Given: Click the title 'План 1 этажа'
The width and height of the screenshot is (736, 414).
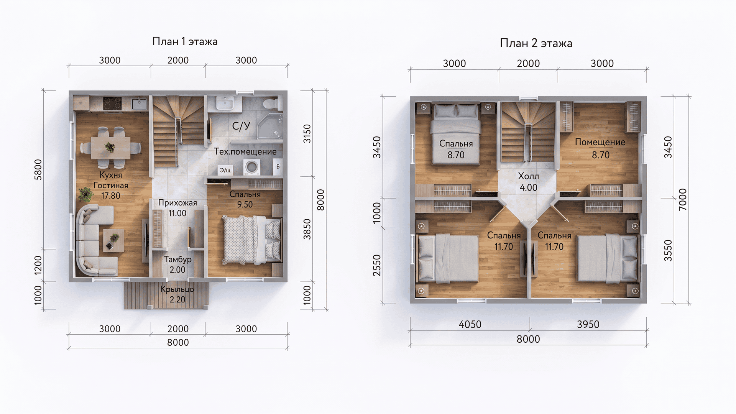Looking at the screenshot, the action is [185, 41].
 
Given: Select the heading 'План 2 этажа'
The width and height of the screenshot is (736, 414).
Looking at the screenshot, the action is [536, 43].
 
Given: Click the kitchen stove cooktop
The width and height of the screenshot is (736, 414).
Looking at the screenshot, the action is [112, 103].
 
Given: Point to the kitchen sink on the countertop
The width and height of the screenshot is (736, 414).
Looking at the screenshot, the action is [139, 103].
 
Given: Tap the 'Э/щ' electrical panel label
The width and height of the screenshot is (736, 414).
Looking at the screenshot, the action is [225, 170].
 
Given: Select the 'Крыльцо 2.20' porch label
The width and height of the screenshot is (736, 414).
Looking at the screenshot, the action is [177, 294].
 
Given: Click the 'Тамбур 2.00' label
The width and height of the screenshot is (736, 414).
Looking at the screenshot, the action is [177, 264].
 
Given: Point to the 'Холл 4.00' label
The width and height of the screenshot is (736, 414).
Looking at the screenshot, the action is [528, 182].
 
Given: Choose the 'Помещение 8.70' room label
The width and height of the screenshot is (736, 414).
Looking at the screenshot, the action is [600, 149].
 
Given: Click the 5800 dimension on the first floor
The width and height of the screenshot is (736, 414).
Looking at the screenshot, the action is [38, 169].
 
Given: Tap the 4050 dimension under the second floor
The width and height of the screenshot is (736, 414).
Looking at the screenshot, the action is [470, 324].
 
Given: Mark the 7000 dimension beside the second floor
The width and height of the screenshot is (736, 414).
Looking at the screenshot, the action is [683, 199].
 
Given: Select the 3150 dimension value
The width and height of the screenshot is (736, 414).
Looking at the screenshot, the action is [307, 133].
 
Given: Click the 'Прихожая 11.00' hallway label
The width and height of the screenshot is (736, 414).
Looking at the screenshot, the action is [177, 208].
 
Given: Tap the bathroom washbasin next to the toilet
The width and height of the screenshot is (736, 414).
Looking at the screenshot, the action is [224, 103].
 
